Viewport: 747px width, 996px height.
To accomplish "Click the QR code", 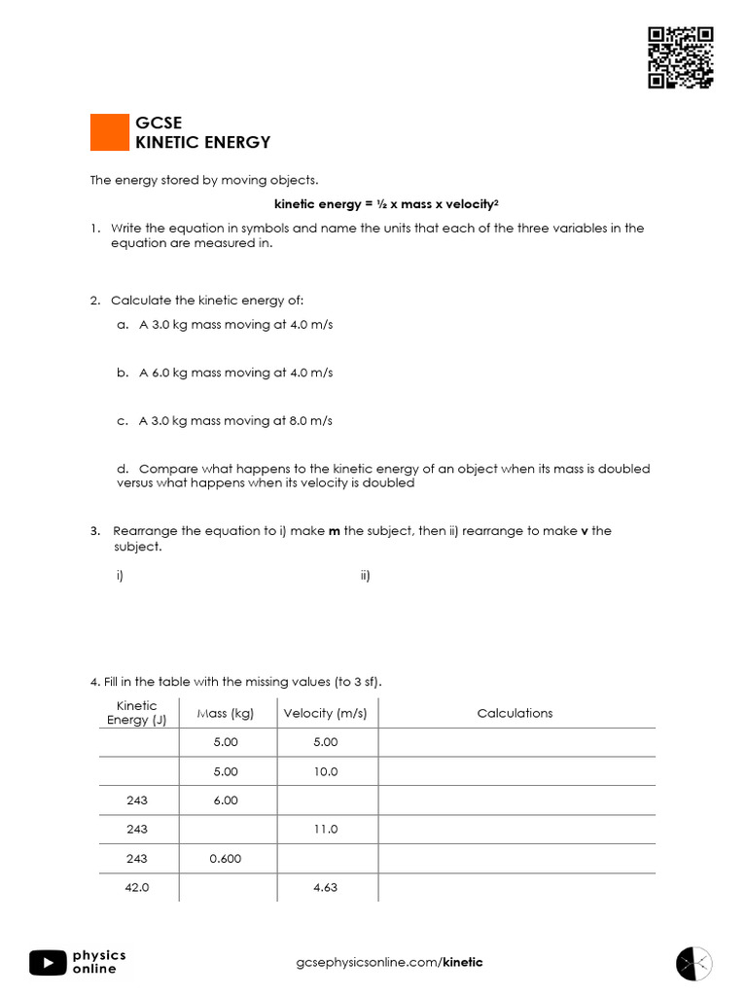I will [681, 57].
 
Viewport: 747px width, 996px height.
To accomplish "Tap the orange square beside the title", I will [109, 132].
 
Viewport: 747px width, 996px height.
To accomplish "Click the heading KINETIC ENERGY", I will [202, 142].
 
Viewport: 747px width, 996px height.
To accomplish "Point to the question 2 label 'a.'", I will [123, 325].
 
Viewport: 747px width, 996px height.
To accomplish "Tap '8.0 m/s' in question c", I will [311, 421].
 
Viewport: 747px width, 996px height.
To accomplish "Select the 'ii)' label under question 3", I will [365, 576].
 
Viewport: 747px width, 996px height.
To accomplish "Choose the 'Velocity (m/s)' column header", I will [325, 713].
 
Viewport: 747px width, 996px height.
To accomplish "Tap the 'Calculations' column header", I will [515, 713].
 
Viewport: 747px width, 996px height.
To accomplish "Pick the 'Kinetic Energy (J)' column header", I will [136, 713].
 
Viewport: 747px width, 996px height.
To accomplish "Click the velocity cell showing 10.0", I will [326, 771].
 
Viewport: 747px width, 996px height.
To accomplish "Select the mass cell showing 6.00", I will [225, 800].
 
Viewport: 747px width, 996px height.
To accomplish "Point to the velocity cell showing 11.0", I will [326, 830].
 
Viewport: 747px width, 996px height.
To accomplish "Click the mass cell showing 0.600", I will [225, 859].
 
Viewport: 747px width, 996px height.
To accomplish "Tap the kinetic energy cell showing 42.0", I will [137, 888].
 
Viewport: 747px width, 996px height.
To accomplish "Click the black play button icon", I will [48, 962].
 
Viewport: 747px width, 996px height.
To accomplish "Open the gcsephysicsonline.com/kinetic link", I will [389, 963].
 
